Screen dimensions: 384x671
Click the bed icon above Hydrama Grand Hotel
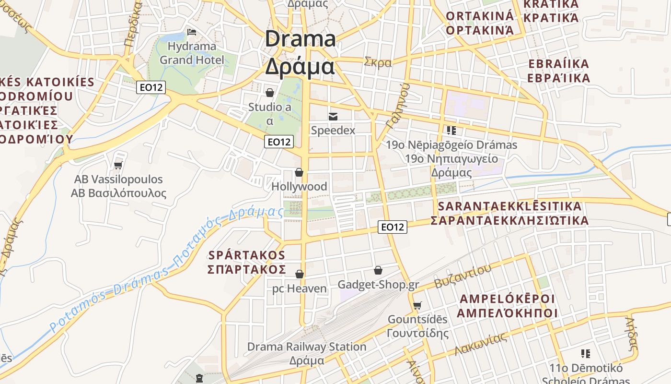coord(192,32)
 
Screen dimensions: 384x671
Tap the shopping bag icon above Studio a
coord(270,92)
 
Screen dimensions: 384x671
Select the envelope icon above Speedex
coord(333,116)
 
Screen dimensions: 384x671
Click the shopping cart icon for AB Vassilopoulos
coord(118,165)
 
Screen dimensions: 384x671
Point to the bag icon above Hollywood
coord(299,172)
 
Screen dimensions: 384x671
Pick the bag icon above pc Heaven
coord(300,274)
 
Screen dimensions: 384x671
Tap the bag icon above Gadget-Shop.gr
coord(378,271)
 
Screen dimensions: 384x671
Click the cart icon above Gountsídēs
coord(417,305)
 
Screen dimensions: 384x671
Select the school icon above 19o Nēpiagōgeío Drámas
coord(451,130)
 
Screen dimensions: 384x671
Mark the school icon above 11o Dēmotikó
coord(585,354)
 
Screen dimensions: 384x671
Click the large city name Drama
coord(301,39)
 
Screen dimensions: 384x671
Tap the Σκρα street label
coord(378,62)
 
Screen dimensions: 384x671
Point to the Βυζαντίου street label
coord(463,276)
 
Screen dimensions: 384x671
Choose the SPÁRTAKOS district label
coord(247,255)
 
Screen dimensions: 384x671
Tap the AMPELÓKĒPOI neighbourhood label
coord(507,299)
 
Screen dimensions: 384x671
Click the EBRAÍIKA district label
coord(558,64)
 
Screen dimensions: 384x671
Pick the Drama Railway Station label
coord(307,347)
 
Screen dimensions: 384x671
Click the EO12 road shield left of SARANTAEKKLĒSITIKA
coord(393,227)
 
